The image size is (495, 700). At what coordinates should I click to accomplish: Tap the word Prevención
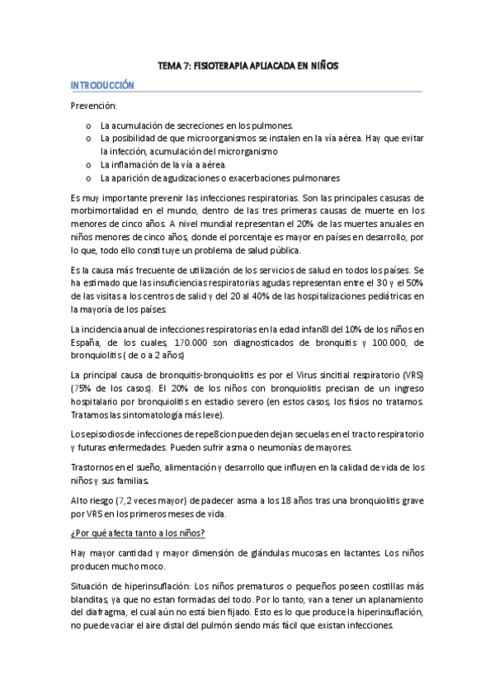pyautogui.click(x=94, y=106)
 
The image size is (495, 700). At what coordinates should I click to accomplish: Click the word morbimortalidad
pyautogui.click(x=112, y=211)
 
